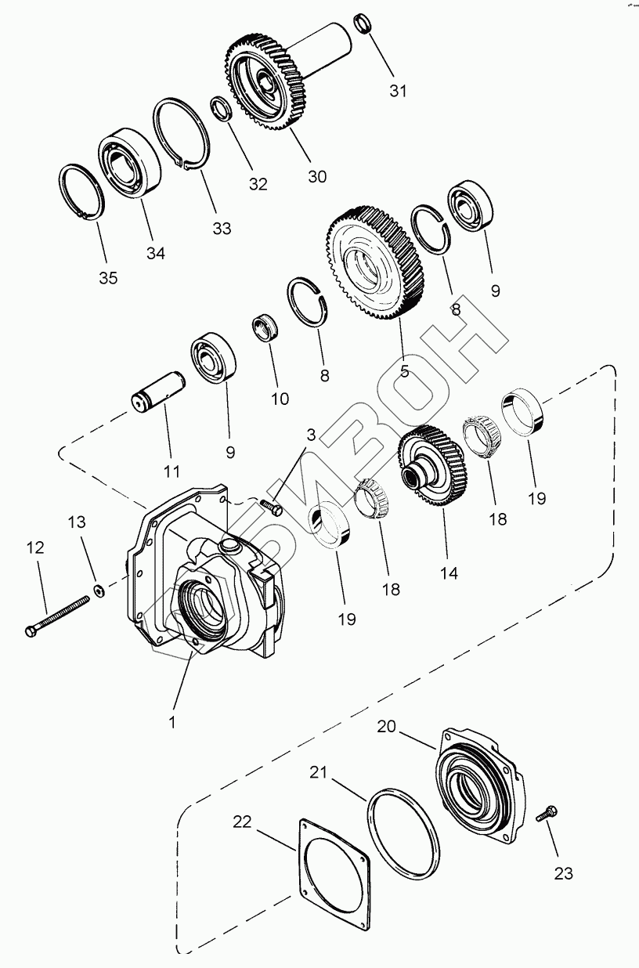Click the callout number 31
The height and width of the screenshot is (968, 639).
point(399,91)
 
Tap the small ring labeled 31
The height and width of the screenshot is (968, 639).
point(363,23)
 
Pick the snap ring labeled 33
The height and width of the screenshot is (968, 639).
point(181,132)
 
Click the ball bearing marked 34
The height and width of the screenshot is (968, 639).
point(128,160)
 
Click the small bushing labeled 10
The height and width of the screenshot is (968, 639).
point(268,328)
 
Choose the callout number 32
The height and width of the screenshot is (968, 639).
point(258,185)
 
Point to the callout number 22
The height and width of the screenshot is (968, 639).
point(242,822)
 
